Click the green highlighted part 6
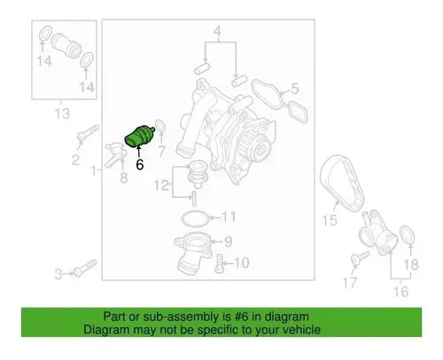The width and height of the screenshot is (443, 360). pyautogui.click(x=139, y=136)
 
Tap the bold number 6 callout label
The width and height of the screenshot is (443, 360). pyautogui.click(x=140, y=164)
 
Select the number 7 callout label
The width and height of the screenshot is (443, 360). pyautogui.click(x=161, y=151)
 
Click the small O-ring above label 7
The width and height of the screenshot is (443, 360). pyautogui.click(x=159, y=125)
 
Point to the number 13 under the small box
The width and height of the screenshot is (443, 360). pyautogui.click(x=63, y=113)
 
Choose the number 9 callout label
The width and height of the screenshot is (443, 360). pyautogui.click(x=228, y=242)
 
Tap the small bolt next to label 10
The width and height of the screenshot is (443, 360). pyautogui.click(x=219, y=263)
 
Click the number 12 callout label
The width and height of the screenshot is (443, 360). pyautogui.click(x=161, y=185)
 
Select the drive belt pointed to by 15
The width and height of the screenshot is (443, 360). pyautogui.click(x=343, y=184)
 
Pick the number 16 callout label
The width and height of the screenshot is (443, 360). pyautogui.click(x=401, y=292)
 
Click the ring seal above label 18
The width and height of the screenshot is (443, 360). pyautogui.click(x=408, y=236)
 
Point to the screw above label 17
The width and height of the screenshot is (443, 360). pyautogui.click(x=361, y=258)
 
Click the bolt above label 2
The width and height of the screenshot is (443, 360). pyautogui.click(x=88, y=132)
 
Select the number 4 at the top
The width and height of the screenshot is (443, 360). pyautogui.click(x=217, y=31)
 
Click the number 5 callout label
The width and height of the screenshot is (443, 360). pyautogui.click(x=295, y=89)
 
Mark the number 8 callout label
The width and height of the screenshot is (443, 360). pyautogui.click(x=124, y=178)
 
